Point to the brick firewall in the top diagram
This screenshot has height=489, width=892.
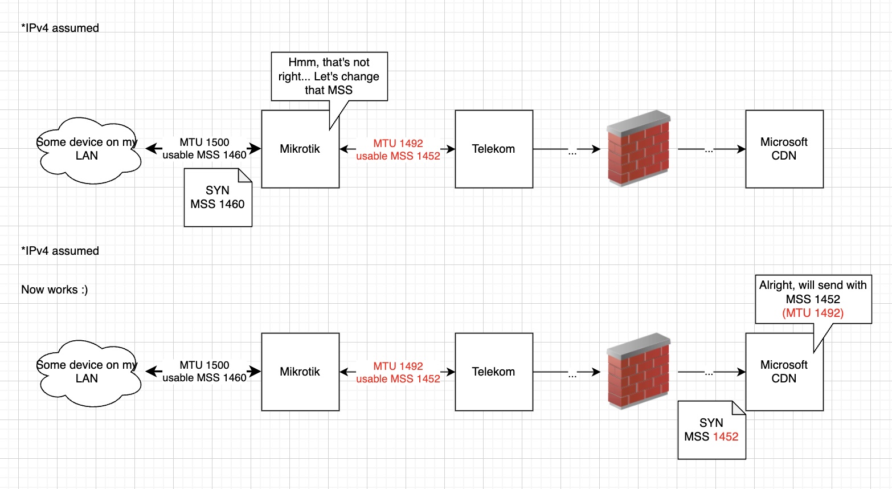[x=639, y=148]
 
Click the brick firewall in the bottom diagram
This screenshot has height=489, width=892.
[x=639, y=371]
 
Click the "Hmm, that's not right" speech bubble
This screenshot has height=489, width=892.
[x=329, y=76]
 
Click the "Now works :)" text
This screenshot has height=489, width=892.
[x=55, y=290]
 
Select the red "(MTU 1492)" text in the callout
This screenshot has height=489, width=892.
[x=813, y=313]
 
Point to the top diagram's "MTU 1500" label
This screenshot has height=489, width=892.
[x=204, y=142]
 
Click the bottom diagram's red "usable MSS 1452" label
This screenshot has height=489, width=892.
[x=398, y=379]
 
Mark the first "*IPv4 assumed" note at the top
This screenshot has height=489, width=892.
[x=60, y=28]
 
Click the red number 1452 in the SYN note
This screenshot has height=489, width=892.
[x=725, y=437]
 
